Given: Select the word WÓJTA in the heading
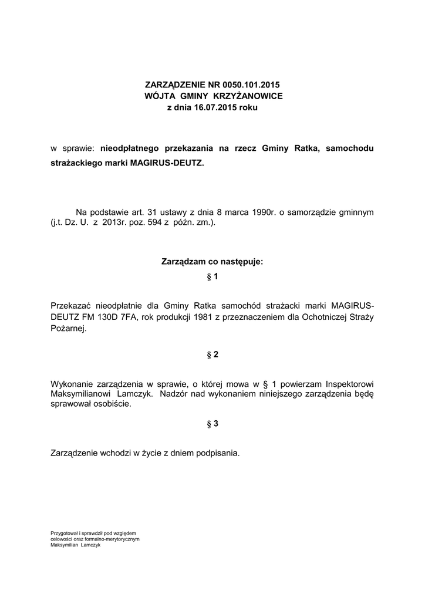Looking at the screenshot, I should click(x=157, y=96).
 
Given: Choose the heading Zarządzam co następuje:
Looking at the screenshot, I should click(x=212, y=261).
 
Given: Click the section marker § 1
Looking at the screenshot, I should click(x=212, y=276).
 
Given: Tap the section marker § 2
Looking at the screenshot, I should click(x=212, y=354).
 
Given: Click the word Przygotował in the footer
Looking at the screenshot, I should click(x=65, y=533).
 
